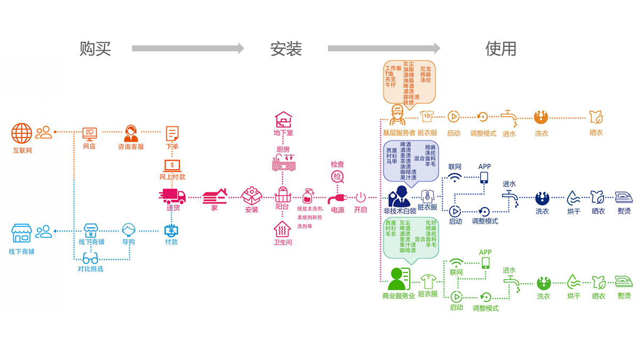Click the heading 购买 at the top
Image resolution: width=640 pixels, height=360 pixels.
tap(95, 49)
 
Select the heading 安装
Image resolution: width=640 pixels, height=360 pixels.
tap(286, 49)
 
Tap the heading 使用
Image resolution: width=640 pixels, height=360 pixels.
tap(501, 49)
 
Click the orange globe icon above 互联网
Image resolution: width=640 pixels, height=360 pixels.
tap(22, 133)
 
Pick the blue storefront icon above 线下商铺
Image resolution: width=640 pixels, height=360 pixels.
tap(22, 233)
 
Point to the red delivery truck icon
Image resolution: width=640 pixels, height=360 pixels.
tap(172, 196)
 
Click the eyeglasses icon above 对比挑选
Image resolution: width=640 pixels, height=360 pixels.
tap(90, 258)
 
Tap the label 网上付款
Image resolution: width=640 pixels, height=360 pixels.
tap(172, 177)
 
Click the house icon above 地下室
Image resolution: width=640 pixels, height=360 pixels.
tap(283, 119)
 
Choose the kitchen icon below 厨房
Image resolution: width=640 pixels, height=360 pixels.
tap(283, 163)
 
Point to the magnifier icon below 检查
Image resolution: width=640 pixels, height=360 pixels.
tap(338, 177)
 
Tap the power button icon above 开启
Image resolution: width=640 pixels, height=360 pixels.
tap(361, 197)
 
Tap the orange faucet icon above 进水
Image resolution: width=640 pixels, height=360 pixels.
tap(509, 117)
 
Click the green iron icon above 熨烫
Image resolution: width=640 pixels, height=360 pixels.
tap(623, 281)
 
